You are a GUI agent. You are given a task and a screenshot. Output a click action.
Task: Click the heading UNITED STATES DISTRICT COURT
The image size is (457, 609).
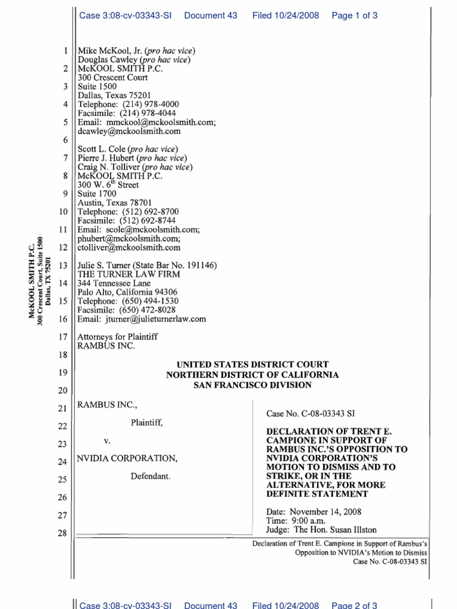[x=252, y=365]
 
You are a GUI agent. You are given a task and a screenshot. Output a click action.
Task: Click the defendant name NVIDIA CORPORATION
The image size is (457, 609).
[x=127, y=459]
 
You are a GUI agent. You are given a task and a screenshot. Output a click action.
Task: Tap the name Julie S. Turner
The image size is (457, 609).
[x=104, y=265]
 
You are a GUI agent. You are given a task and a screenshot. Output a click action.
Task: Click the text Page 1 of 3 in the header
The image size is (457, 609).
[x=354, y=15]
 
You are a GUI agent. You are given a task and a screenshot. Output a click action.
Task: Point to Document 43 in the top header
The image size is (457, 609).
[x=211, y=15]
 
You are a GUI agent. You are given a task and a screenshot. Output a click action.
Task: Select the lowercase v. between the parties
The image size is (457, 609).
[x=108, y=441]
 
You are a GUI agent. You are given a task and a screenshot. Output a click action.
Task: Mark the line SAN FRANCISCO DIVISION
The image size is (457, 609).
[x=252, y=385]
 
